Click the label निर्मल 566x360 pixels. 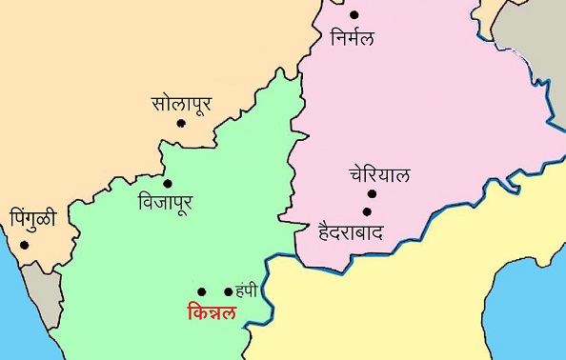pyautogui.click(x=353, y=38)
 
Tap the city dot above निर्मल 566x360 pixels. pyautogui.click(x=354, y=14)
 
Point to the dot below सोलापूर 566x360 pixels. pyautogui.click(x=181, y=124)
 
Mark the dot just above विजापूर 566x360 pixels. pyautogui.click(x=168, y=183)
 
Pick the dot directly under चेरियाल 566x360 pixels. pyautogui.click(x=372, y=194)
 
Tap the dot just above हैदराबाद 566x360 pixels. pyautogui.click(x=365, y=211)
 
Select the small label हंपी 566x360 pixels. pyautogui.click(x=247, y=291)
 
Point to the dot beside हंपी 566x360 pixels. pyautogui.click(x=228, y=291)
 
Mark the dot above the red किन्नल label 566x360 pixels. pyautogui.click(x=201, y=291)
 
